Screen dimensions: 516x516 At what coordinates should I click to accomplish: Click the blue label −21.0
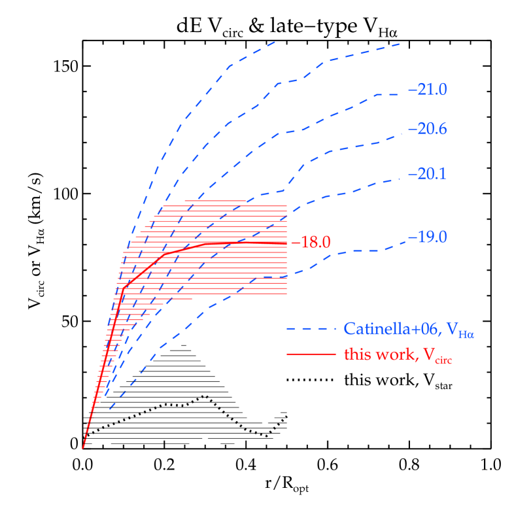point(427,90)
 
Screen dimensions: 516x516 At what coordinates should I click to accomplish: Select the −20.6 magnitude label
point(427,129)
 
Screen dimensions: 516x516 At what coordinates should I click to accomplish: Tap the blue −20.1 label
point(427,175)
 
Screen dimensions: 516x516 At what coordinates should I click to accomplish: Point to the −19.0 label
point(427,237)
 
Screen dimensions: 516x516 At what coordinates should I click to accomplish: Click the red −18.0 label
point(311,243)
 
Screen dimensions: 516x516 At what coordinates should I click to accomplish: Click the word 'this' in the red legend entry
point(356,354)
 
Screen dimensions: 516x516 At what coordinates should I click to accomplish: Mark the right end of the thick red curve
point(286,243)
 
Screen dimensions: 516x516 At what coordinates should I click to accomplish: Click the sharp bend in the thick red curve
point(122,286)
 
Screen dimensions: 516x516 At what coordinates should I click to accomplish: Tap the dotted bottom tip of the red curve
point(83,448)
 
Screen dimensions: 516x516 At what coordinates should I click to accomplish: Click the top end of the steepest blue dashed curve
point(275,42)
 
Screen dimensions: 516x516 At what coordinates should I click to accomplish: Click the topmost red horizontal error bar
point(235,201)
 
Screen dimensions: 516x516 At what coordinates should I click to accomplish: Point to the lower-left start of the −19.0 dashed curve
point(110,409)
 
